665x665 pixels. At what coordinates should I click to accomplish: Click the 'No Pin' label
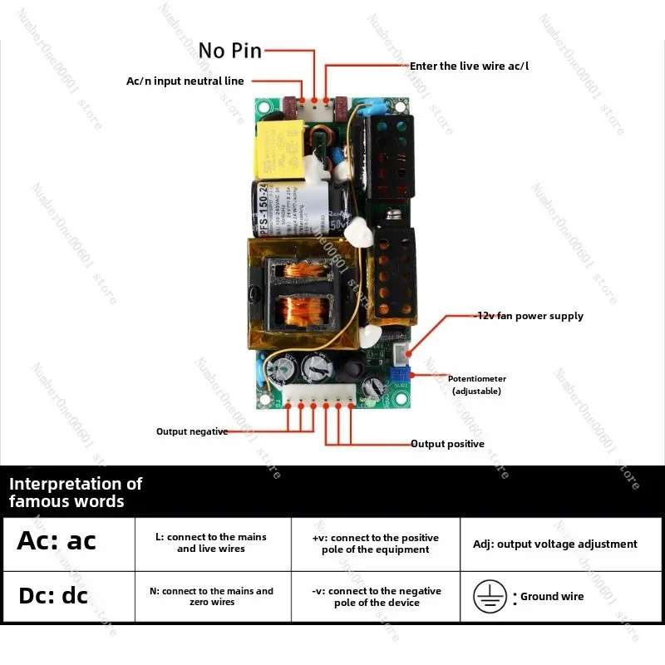[230, 51]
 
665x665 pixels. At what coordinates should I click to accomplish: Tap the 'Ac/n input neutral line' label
[185, 81]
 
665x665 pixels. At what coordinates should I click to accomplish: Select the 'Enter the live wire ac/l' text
[469, 66]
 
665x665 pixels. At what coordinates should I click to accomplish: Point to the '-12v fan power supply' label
[529, 316]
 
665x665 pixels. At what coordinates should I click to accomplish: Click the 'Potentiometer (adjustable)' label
[476, 384]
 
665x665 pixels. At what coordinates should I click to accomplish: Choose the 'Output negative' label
[192, 431]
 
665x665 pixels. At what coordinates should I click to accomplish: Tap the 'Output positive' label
[447, 444]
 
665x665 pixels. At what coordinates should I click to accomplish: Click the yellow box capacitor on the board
[279, 150]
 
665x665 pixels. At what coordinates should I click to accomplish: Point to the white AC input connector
[313, 106]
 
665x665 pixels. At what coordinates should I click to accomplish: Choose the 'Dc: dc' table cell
[69, 597]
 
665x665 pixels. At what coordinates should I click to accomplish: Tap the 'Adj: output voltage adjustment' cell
[554, 544]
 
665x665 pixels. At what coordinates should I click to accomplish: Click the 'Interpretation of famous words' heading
[76, 492]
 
